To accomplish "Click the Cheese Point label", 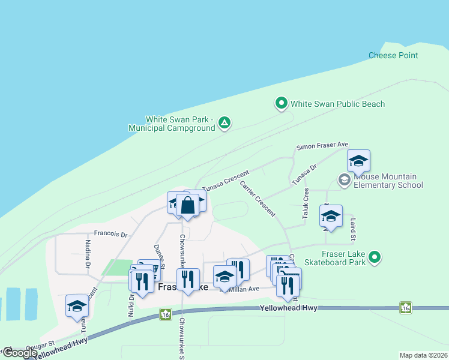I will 393,56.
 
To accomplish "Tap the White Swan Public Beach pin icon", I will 281,104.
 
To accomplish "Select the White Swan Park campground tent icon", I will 224,123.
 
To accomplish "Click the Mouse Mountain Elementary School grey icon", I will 345,179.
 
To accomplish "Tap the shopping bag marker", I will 187,206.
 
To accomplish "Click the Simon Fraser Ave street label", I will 322,146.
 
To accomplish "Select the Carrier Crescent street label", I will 258,199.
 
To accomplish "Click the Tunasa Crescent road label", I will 225,180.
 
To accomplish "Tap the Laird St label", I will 354,229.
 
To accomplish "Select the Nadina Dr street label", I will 88,253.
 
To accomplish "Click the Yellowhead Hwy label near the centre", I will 288,308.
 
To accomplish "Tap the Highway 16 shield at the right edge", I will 406,308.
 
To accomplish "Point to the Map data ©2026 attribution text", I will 423,355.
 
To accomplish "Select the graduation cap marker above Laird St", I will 330,217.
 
